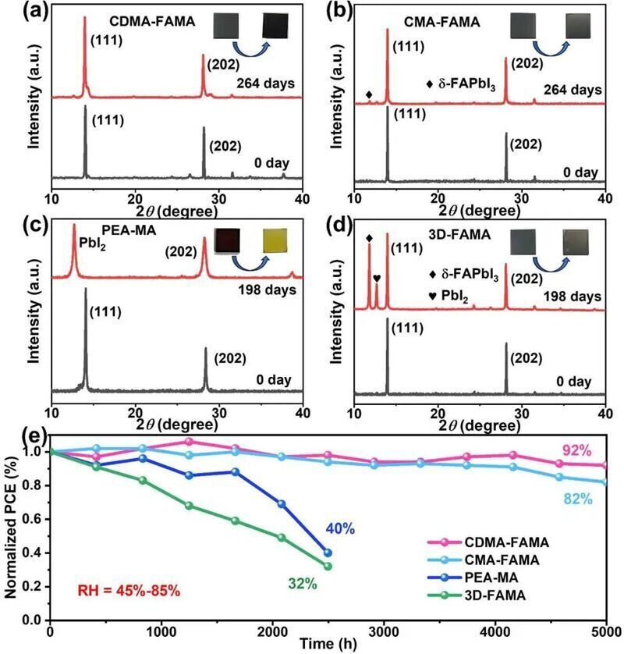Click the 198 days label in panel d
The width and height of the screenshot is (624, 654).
573,297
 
